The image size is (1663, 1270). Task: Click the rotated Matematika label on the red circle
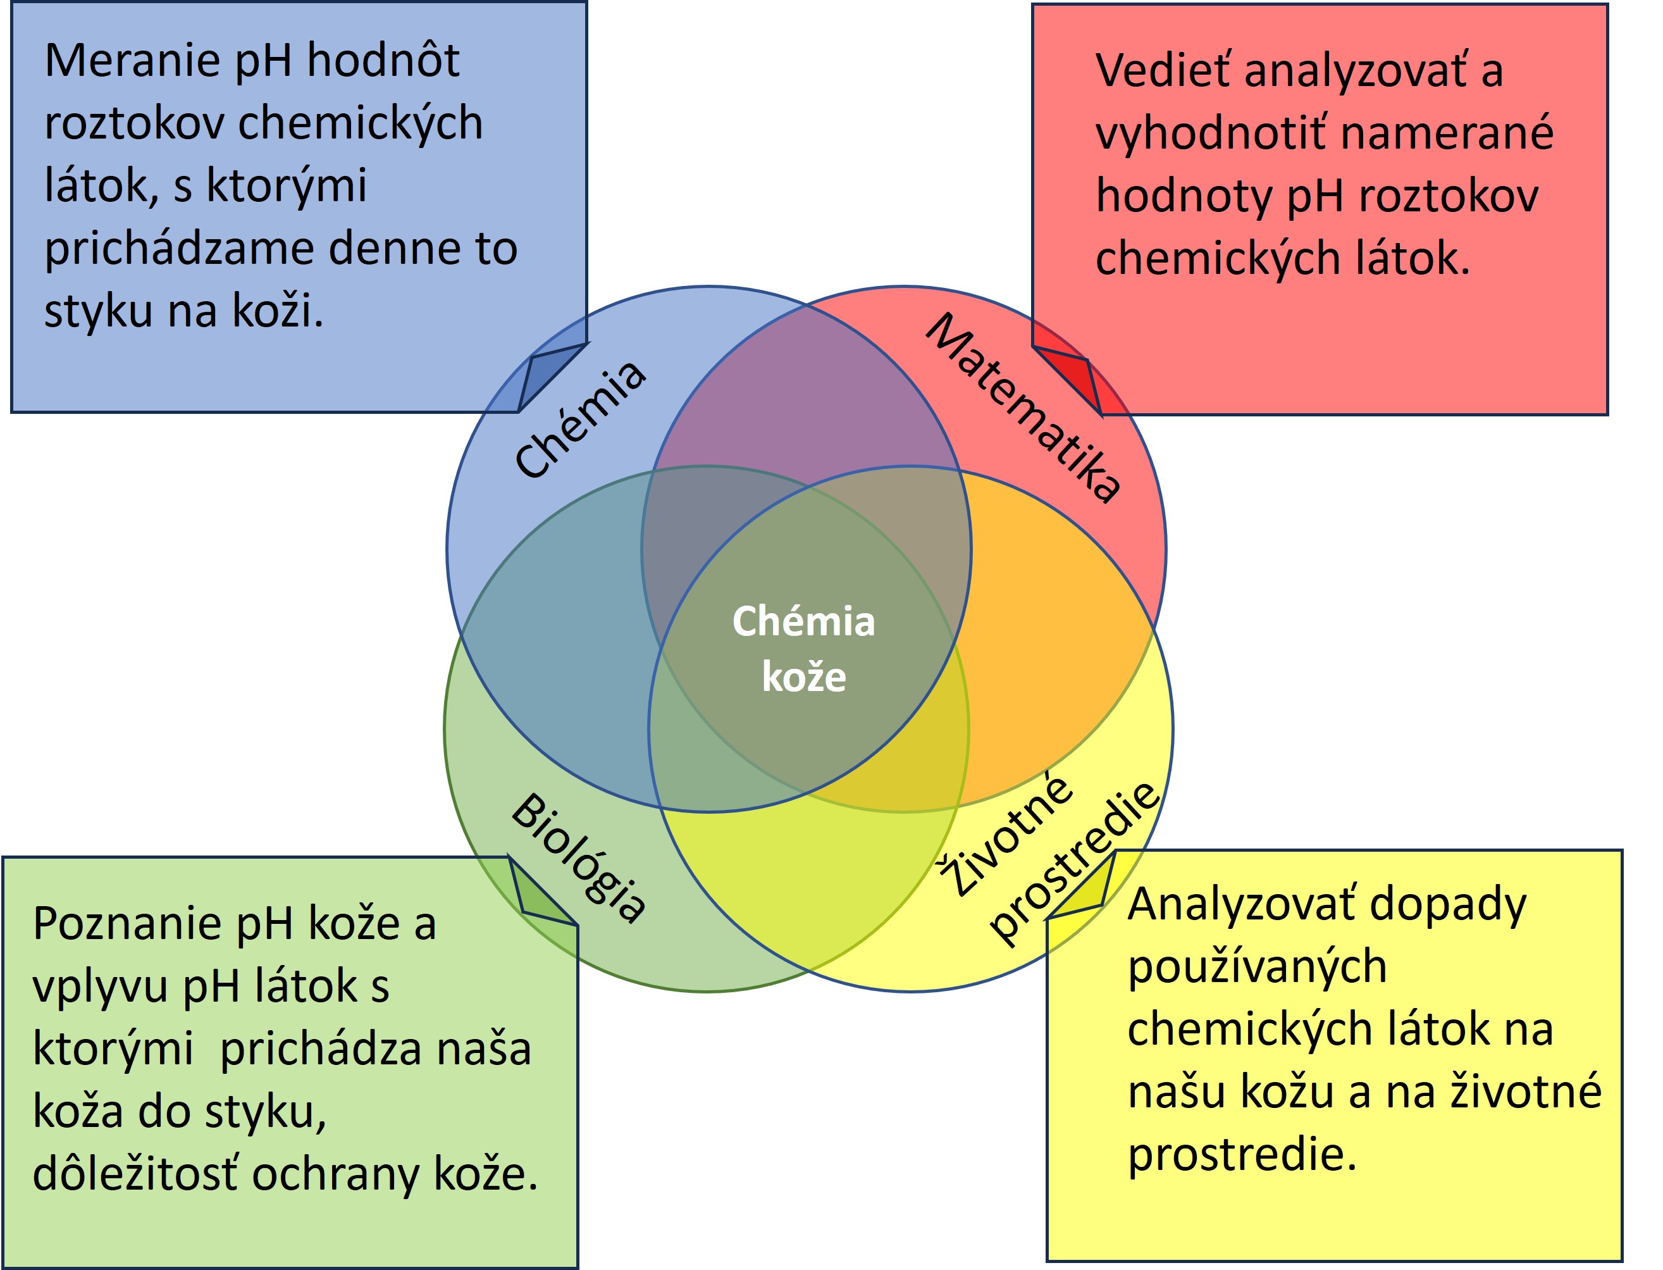pos(1023,408)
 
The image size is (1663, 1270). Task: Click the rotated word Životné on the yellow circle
pos(1006,835)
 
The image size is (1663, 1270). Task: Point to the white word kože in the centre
pos(804,676)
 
